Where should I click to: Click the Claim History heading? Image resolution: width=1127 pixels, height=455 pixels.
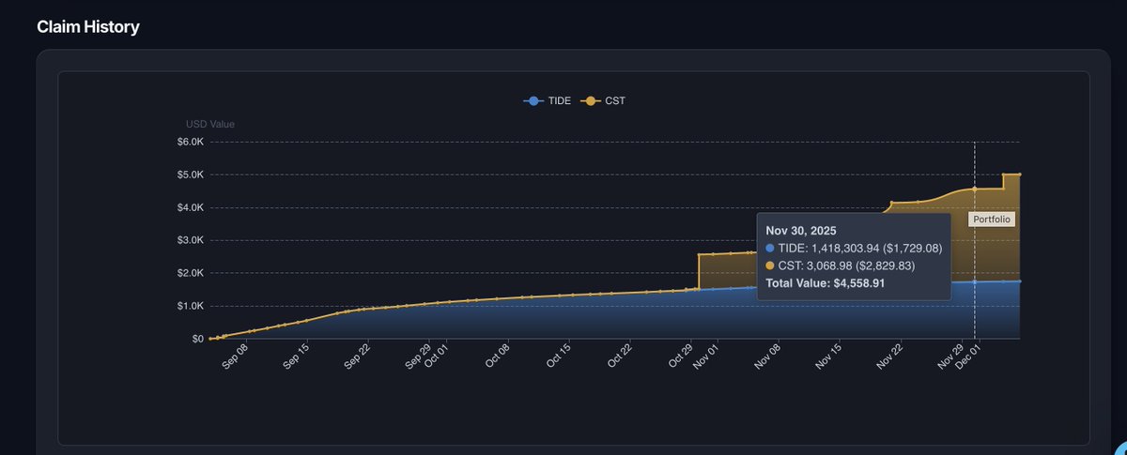coord(88,27)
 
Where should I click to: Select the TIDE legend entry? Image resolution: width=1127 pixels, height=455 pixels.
coord(549,100)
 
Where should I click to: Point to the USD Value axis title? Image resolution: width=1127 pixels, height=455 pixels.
coord(210,124)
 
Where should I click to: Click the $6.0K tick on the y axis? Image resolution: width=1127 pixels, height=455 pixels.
coord(190,142)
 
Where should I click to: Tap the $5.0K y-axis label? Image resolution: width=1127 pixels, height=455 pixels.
coord(190,174)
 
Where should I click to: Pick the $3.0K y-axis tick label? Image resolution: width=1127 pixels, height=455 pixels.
coord(190,240)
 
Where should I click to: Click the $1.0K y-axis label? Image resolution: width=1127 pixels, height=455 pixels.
coord(190,306)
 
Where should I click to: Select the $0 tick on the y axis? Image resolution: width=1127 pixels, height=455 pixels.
coord(197,339)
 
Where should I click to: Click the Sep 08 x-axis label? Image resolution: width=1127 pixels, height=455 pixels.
coord(236,357)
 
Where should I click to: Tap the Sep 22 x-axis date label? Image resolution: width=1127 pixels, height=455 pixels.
coord(356,357)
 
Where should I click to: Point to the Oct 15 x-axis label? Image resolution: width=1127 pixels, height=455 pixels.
coord(559,357)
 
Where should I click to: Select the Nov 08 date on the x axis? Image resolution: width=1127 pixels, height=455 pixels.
coord(768,357)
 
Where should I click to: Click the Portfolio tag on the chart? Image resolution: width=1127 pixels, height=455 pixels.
coord(993,219)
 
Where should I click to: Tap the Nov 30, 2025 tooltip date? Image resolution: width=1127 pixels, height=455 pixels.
coord(801,230)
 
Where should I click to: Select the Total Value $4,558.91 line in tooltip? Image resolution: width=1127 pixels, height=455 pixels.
coord(826,282)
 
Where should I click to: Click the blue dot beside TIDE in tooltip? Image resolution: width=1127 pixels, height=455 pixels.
coord(771,248)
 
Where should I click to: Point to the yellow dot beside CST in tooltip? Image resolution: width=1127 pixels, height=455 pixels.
coord(771,265)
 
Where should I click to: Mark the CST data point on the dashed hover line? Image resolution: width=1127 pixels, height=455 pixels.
coord(975,189)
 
